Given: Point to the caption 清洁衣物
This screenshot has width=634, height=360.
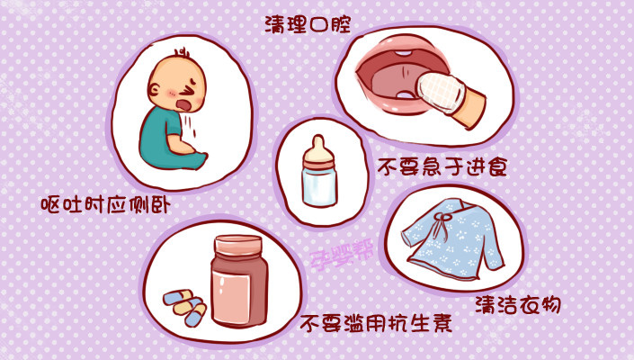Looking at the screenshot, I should (516, 304).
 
